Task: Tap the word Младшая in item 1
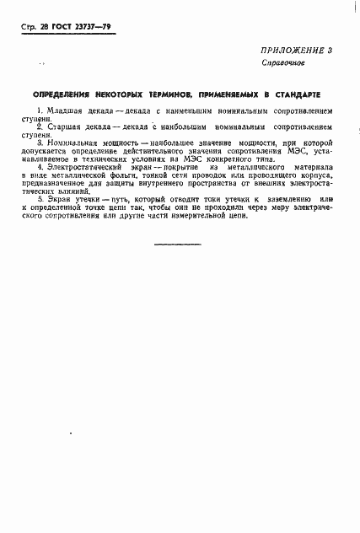(x=60, y=110)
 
